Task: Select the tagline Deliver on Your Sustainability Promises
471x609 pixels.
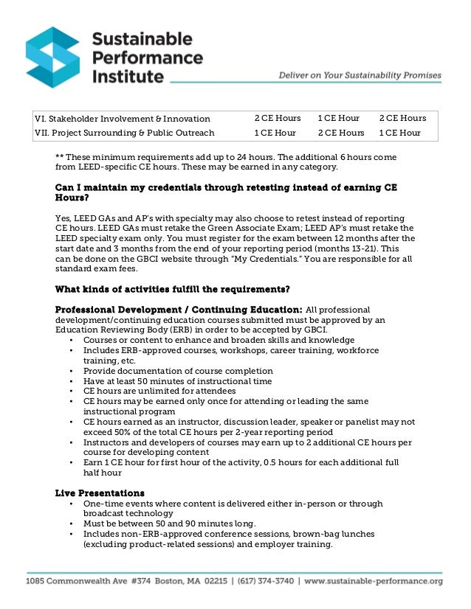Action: (360, 75)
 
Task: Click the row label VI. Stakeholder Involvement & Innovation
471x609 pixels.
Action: (123, 119)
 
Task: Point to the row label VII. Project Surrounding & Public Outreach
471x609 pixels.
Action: (125, 133)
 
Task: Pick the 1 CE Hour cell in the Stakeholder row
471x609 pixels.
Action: (338, 119)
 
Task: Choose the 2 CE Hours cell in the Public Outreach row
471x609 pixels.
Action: (340, 133)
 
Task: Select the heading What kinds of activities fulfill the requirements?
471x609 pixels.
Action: (172, 288)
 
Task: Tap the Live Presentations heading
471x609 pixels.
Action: (100, 493)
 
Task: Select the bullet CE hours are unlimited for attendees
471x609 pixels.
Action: (159, 391)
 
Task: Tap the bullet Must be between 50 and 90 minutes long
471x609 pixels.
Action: (170, 523)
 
